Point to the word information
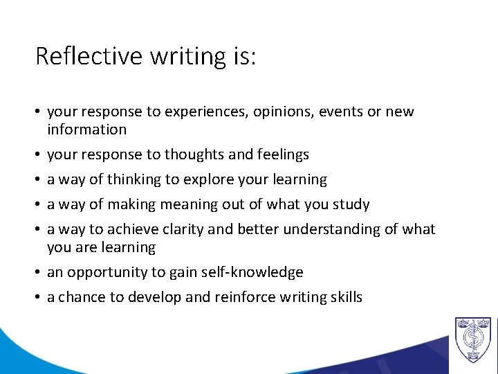pos(86,130)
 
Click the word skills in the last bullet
pos(346,298)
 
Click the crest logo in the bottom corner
pos(472,340)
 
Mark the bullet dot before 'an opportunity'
pos(39,273)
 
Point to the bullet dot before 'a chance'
pos(39,298)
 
